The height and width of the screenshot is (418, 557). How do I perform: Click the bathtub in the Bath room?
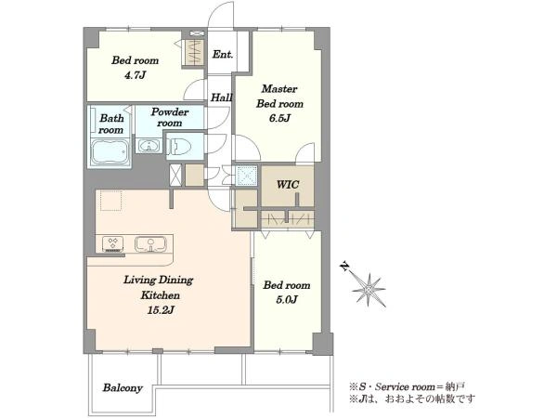pyautogui.click(x=110, y=153)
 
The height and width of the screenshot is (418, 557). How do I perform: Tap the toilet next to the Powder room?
pyautogui.click(x=180, y=146)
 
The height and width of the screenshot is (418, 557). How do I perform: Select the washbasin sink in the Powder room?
pyautogui.click(x=149, y=146)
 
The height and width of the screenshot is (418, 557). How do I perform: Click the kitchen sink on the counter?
pyautogui.click(x=150, y=243)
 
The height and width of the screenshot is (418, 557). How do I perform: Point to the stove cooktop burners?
pyautogui.click(x=113, y=243)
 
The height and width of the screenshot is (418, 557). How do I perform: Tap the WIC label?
pyautogui.click(x=288, y=185)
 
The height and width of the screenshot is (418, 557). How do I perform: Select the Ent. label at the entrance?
pyautogui.click(x=223, y=55)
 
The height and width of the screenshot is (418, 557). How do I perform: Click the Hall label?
pyautogui.click(x=221, y=97)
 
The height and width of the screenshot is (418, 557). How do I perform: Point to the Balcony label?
pyautogui.click(x=123, y=387)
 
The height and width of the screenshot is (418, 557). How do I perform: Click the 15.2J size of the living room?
pyautogui.click(x=161, y=310)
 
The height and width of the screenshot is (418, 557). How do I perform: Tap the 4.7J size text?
pyautogui.click(x=135, y=75)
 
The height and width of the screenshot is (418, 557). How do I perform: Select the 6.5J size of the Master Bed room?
pyautogui.click(x=279, y=118)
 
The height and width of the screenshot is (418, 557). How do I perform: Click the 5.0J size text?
pyautogui.click(x=286, y=300)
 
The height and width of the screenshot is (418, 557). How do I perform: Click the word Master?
pyautogui.click(x=279, y=88)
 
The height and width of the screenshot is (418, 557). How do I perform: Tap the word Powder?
pyautogui.click(x=170, y=112)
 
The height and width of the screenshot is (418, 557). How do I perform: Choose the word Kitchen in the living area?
pyautogui.click(x=161, y=295)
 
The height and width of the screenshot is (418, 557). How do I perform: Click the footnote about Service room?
pyautogui.click(x=408, y=386)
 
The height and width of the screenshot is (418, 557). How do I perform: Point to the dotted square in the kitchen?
pyautogui.click(x=110, y=202)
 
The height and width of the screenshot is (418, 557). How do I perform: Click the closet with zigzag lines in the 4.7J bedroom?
pyautogui.click(x=194, y=52)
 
